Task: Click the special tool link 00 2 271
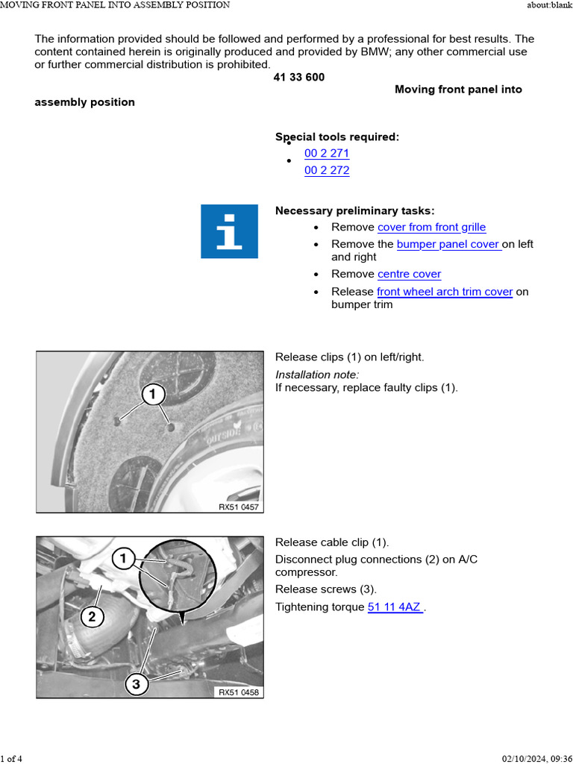coord(327,153)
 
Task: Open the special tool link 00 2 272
coord(327,170)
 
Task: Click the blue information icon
coord(230,231)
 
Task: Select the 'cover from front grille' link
coord(431,227)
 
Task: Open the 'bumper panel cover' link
coord(448,244)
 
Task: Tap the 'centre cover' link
coord(410,274)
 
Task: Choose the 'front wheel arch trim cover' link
coord(445,292)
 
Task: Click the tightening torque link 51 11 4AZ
coord(395,607)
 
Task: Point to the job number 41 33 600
coord(299,77)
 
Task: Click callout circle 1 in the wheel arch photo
coord(153,394)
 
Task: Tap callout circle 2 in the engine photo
coord(92,617)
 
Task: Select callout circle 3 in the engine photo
coord(136,684)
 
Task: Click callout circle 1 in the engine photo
coord(123,558)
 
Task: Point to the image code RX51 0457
coord(239,507)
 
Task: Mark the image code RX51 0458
coord(239,692)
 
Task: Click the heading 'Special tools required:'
coord(337,137)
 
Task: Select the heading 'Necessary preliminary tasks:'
coord(354,210)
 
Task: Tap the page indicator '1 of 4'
coord(11,758)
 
